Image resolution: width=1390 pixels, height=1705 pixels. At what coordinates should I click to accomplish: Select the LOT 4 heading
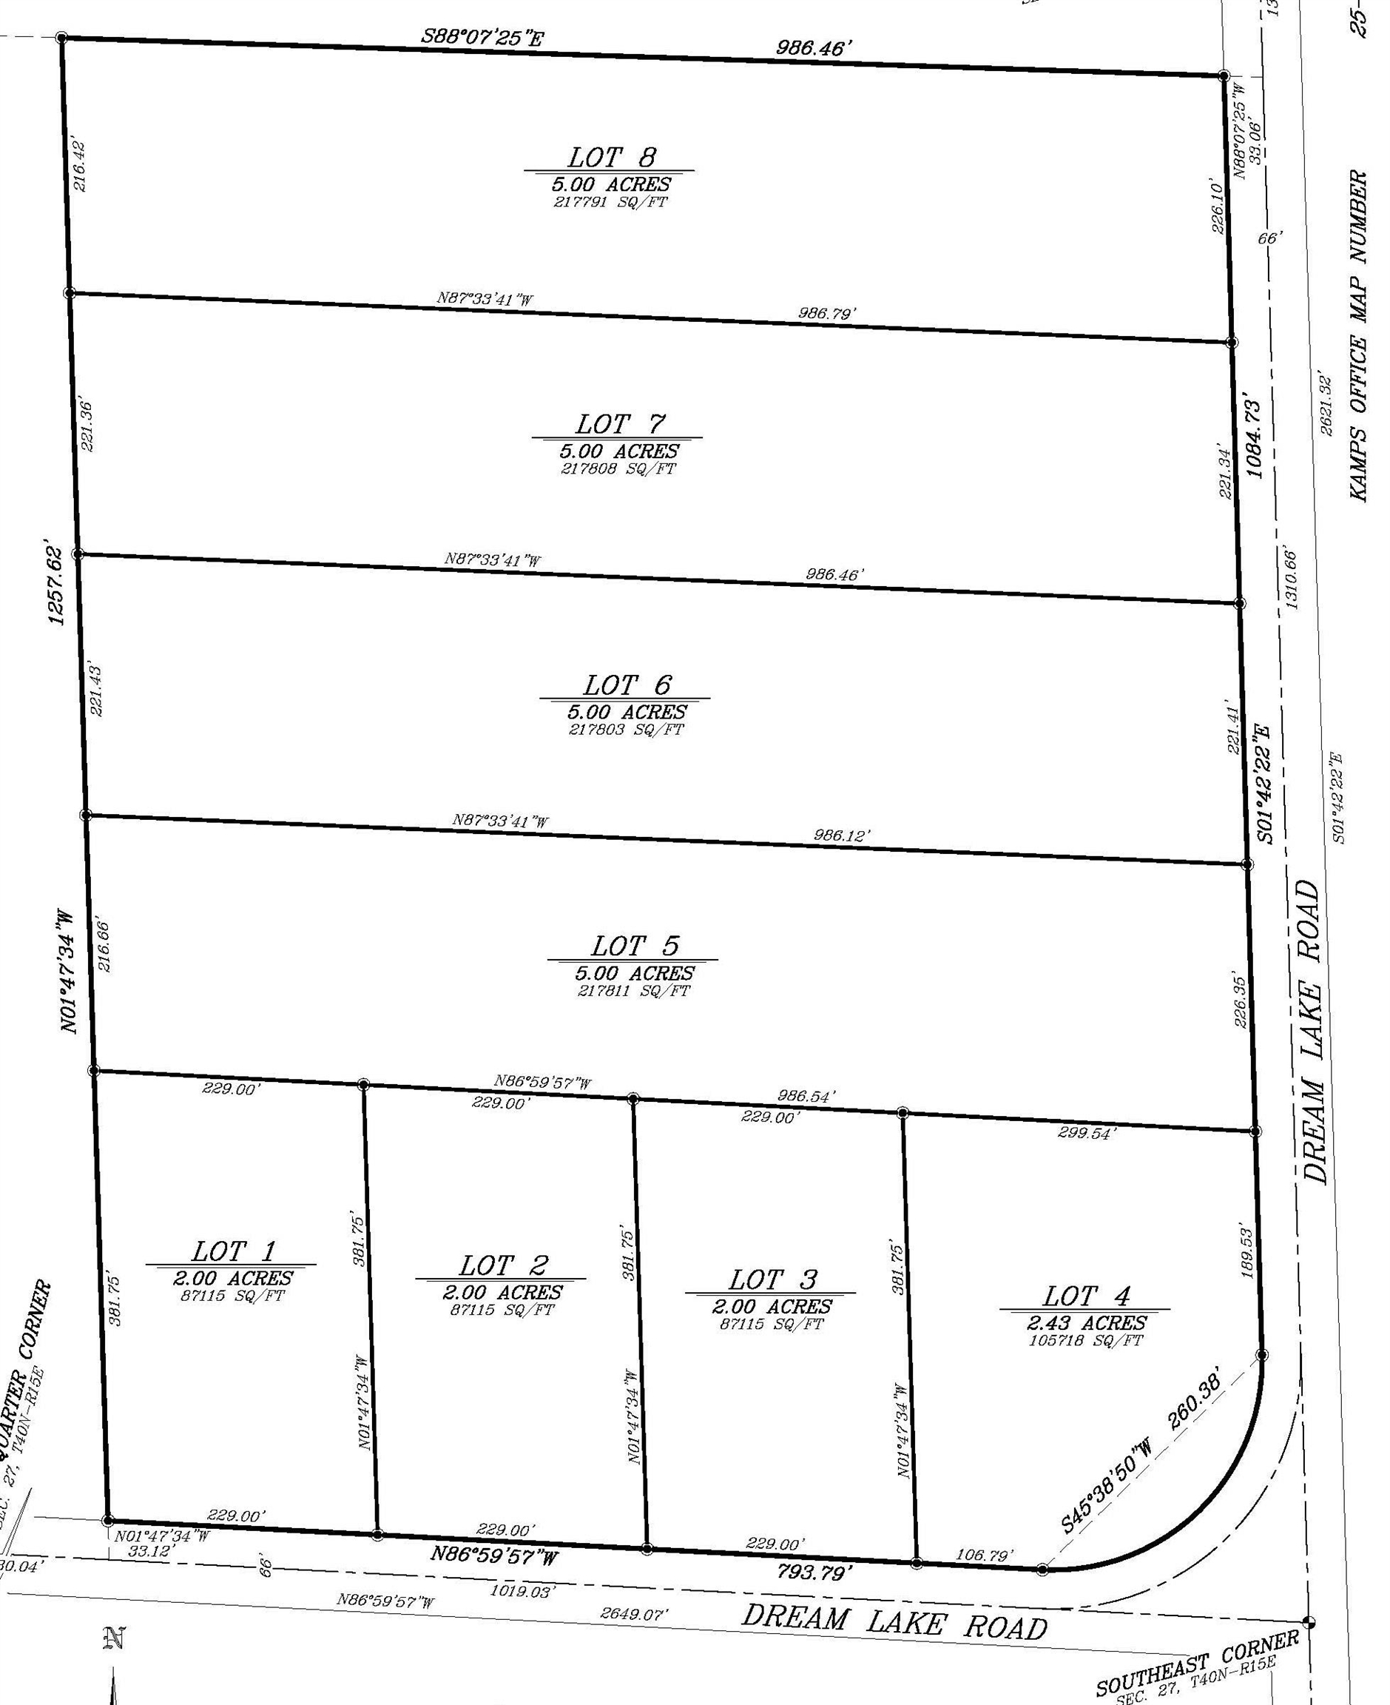pos(1086,1295)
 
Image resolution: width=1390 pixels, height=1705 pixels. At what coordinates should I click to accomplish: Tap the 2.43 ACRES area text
pos(1087,1322)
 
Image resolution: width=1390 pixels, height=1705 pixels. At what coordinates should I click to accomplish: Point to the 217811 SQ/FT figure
pos(632,991)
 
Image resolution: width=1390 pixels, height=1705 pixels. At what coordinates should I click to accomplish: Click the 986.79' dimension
pos(826,313)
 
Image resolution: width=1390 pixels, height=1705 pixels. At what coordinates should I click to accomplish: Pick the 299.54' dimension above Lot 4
pos(1086,1133)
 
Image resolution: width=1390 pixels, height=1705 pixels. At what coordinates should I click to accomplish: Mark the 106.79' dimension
pos(984,1555)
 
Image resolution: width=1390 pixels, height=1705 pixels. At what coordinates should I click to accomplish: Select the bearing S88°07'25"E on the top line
pos(483,38)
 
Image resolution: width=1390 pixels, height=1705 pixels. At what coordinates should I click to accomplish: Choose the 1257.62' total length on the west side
pos(55,585)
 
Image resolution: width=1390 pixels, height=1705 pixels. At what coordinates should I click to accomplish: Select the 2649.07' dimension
pos(633,1613)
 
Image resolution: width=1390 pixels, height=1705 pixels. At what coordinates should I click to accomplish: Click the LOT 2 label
pos(503,1265)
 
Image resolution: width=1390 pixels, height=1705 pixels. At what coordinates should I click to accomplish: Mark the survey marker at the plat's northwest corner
pos(61,37)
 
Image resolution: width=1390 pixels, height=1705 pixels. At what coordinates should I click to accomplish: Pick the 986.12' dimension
pos(842,835)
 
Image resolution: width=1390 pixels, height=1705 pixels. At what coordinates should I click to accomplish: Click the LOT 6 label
pos(626,685)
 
